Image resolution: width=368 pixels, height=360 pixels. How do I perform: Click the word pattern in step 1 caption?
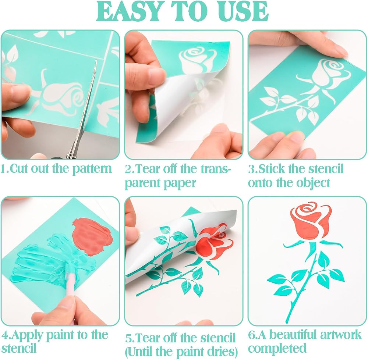tap(92, 169)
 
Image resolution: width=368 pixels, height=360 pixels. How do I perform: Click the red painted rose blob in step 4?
tap(92, 236)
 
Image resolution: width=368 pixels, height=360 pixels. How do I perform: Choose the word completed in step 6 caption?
tap(277, 349)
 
